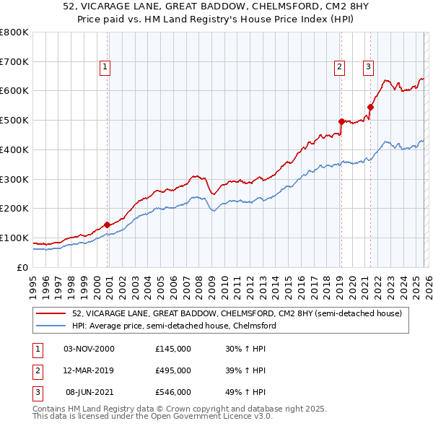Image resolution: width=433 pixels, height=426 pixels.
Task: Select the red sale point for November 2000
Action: [x=108, y=224]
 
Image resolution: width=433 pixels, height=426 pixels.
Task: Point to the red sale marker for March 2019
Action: [x=341, y=121]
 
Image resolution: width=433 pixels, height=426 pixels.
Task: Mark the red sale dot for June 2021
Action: [x=370, y=107]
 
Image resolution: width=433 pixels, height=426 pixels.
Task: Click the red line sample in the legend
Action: [x=52, y=313]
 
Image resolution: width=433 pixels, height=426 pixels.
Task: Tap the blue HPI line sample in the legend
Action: [x=52, y=326]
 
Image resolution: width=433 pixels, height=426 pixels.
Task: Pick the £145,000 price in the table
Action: [x=173, y=349]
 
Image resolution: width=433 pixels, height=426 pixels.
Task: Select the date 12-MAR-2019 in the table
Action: [x=89, y=370]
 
